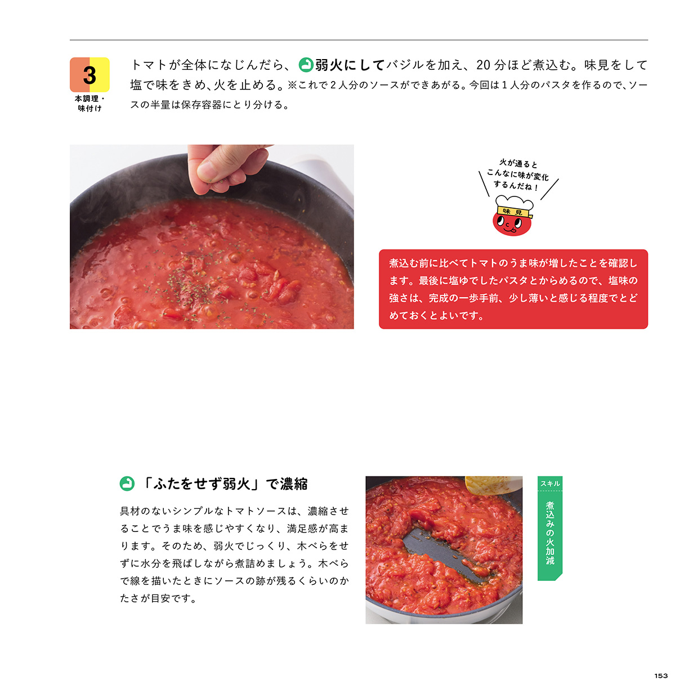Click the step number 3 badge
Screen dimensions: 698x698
[x=90, y=75]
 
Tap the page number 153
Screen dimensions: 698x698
[x=661, y=675]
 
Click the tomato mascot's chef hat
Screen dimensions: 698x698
[x=514, y=203]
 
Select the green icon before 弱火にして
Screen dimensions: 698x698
[x=306, y=65]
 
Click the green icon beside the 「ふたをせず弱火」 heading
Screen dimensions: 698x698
[x=127, y=484]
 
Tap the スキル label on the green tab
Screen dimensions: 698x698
[x=550, y=484]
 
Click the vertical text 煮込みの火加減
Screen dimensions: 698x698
[x=550, y=533]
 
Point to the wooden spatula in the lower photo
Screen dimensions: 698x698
[x=493, y=485]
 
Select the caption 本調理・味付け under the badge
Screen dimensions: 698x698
[x=90, y=103]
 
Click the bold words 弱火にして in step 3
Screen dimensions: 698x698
[x=350, y=65]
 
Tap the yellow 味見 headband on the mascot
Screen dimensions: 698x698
[x=514, y=212]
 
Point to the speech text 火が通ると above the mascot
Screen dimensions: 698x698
[x=518, y=164]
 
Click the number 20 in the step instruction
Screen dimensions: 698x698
[x=484, y=65]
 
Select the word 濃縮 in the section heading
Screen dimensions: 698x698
[x=294, y=484]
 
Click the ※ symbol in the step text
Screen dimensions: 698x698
[x=292, y=86]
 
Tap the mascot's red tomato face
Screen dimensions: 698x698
[x=512, y=224]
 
